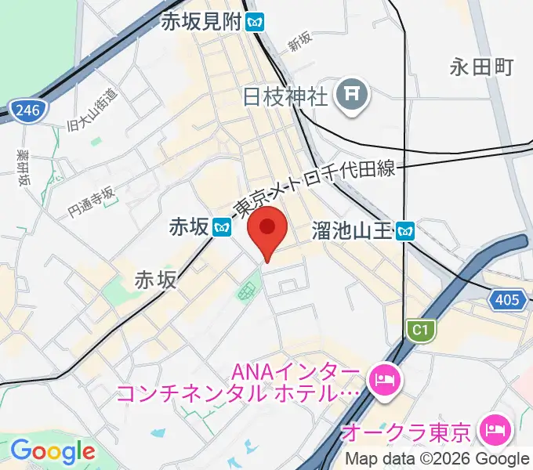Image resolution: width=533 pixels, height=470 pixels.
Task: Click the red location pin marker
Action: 267,230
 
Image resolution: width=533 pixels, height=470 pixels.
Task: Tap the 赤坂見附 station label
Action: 201,22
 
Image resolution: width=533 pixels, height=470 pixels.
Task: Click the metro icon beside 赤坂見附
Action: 255,22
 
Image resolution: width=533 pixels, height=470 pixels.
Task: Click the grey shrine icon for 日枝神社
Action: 350,96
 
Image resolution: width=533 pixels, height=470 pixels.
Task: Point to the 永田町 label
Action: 481,67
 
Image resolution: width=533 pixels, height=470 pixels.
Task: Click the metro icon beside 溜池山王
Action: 405,230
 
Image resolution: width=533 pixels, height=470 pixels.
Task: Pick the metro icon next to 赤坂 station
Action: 223,227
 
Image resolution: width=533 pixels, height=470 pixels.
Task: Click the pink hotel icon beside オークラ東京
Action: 496,429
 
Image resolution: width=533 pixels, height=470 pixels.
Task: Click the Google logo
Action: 53,451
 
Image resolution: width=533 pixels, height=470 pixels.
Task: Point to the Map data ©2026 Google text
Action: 437,459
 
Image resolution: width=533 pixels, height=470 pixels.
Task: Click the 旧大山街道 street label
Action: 93,110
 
